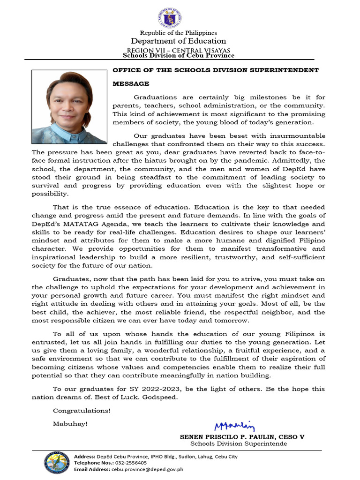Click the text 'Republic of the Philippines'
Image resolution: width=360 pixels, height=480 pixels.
point(179,33)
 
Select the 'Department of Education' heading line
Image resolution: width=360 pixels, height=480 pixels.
point(179,41)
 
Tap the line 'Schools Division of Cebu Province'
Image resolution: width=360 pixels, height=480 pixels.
point(179,55)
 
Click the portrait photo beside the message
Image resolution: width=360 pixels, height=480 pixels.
point(69,106)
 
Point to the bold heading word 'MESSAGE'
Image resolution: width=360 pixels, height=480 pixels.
point(131,84)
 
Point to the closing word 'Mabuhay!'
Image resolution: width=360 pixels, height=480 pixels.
point(70,424)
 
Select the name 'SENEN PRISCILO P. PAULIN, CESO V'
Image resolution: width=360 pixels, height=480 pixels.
point(242,436)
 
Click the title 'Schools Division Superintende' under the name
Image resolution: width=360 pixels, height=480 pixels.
point(239,444)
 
